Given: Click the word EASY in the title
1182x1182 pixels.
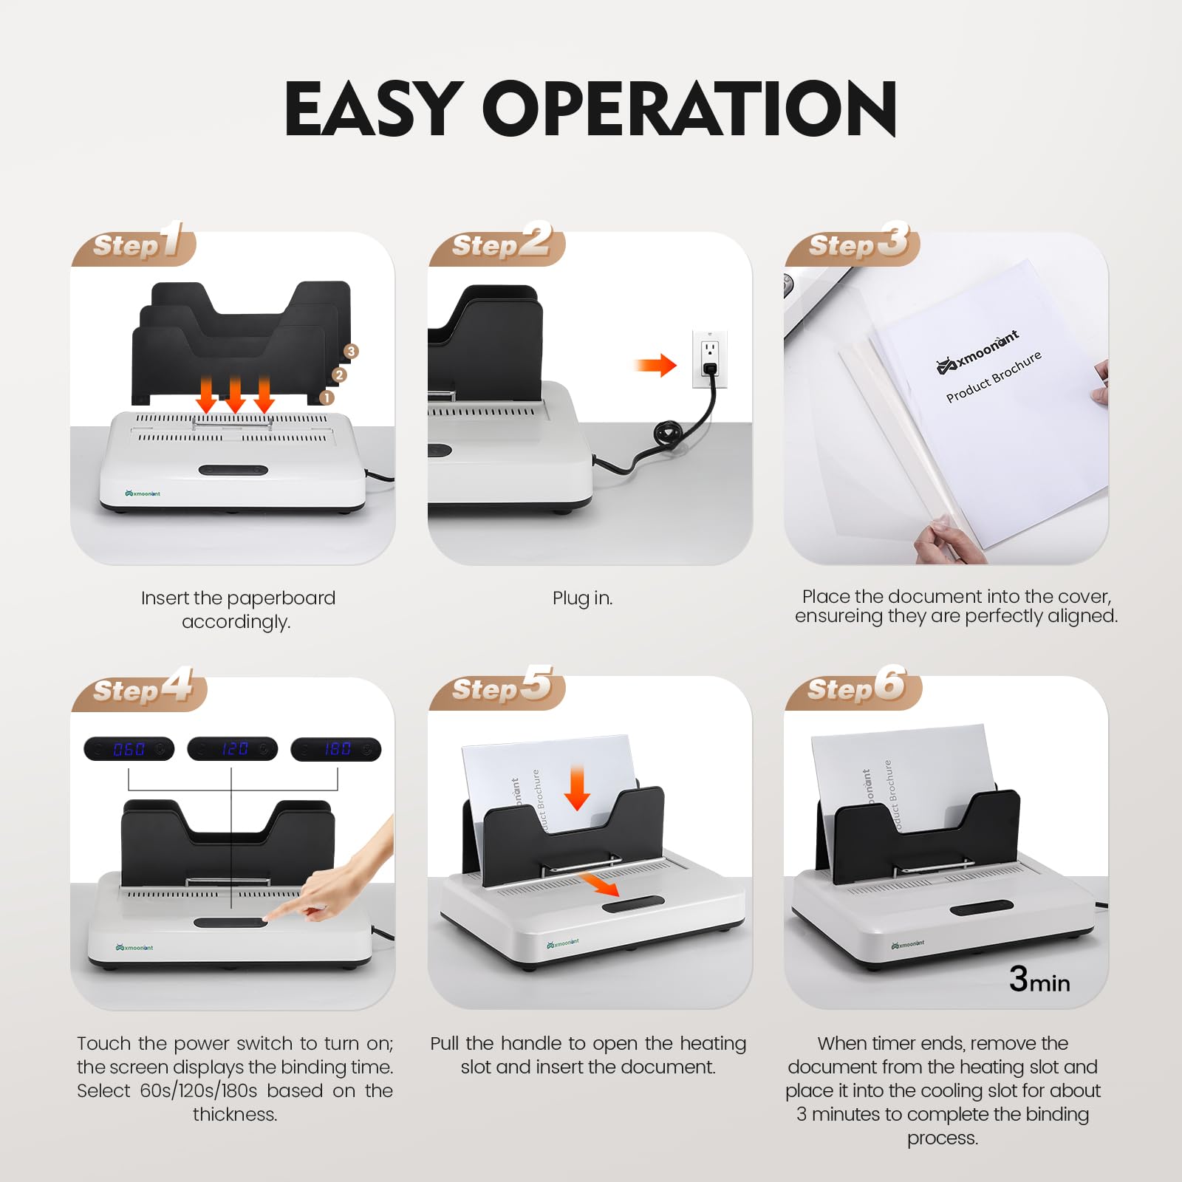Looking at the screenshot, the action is pyautogui.click(x=374, y=109).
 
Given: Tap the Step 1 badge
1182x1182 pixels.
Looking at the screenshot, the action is pyautogui.click(x=134, y=244).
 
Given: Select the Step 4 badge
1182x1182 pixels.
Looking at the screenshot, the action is pyautogui.click(x=140, y=689).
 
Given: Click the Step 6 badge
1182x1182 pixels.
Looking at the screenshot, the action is pyautogui.click(x=853, y=688).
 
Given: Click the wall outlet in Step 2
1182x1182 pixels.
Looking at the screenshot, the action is pyautogui.click(x=710, y=358).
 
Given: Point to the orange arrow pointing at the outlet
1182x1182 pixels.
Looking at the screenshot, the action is pyautogui.click(x=655, y=365).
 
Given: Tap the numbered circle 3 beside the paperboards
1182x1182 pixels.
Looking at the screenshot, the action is pyautogui.click(x=351, y=352).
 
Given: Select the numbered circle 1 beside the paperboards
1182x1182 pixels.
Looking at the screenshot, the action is pyautogui.click(x=327, y=398).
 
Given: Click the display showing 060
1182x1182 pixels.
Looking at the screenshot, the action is pyautogui.click(x=129, y=749).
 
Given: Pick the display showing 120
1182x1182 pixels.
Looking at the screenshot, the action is pyautogui.click(x=233, y=749).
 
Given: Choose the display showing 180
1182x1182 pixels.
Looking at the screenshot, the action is pyautogui.click(x=336, y=749).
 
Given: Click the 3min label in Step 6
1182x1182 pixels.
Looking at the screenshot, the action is pyautogui.click(x=1039, y=980).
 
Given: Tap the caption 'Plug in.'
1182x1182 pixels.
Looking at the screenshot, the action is pyautogui.click(x=582, y=598).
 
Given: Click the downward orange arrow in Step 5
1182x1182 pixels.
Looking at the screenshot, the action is pyautogui.click(x=577, y=788).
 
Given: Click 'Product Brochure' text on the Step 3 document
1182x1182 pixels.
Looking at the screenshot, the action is pyautogui.click(x=994, y=376).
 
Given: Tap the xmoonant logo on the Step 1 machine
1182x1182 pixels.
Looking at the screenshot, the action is pyautogui.click(x=143, y=493).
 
